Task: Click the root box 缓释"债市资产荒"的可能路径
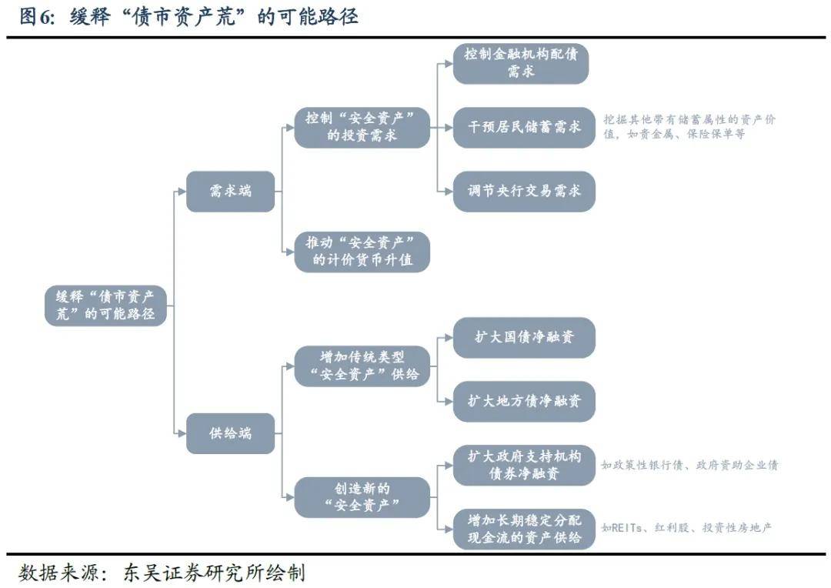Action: [x=105, y=305]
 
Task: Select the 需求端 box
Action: [x=230, y=192]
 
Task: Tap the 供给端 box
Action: [x=230, y=433]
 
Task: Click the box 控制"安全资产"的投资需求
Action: [x=362, y=127]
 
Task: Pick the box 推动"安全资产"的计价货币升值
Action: [x=362, y=251]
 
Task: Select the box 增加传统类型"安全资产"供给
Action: [x=362, y=366]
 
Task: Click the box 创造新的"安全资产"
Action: [x=362, y=496]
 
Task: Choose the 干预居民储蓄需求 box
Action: [x=523, y=127]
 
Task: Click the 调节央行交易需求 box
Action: [x=523, y=191]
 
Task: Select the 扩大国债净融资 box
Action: [x=523, y=337]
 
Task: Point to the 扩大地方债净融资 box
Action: [x=523, y=401]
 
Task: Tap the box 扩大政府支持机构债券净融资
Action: [x=523, y=465]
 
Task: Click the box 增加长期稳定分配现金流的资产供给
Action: [x=523, y=529]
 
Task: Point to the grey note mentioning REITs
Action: [x=686, y=528]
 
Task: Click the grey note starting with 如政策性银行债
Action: [x=689, y=465]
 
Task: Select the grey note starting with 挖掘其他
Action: [x=689, y=127]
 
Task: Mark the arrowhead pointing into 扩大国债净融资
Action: [x=449, y=337]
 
